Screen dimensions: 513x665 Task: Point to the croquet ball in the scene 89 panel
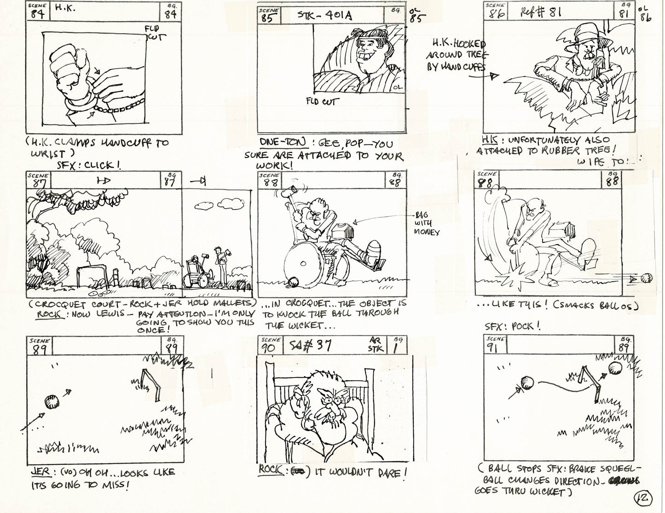(52, 402)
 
